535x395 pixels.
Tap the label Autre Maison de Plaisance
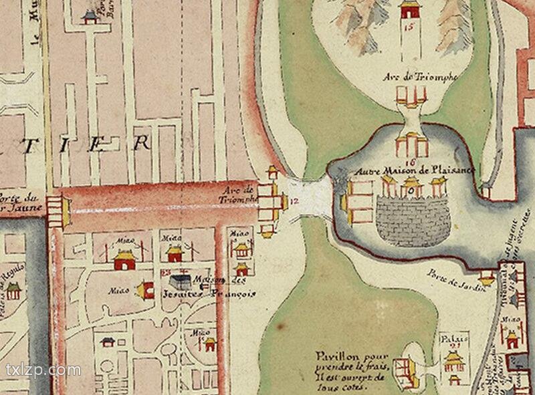click(415, 171)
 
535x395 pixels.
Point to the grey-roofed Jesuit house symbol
click(179, 280)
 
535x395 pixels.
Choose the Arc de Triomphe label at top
click(421, 78)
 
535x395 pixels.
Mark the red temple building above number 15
click(408, 9)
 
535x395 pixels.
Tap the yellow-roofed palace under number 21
click(455, 361)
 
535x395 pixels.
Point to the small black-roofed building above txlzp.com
click(108, 342)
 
